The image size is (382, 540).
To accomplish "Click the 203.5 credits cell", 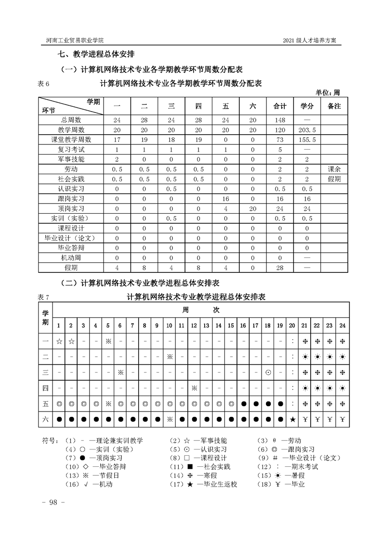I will (307, 129).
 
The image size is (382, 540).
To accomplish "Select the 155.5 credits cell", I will (307, 140).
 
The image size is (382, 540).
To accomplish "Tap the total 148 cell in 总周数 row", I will (280, 119).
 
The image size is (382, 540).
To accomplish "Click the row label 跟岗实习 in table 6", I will (71, 198).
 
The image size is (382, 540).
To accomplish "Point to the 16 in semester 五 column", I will (225, 198).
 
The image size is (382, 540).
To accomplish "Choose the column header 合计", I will (280, 106).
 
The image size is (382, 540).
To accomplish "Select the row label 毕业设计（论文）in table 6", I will (71, 238).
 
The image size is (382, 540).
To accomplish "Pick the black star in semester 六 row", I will (292, 419).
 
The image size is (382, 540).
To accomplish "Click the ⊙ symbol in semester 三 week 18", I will (268, 372).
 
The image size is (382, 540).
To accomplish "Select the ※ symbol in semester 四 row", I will (194, 388).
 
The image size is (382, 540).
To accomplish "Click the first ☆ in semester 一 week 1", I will (59, 342).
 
